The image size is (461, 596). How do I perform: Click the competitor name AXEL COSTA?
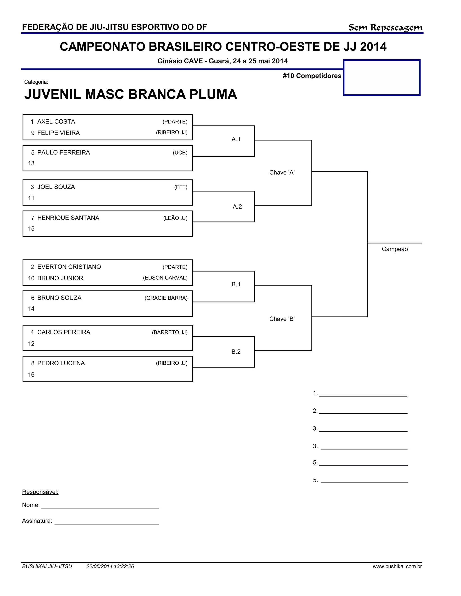coord(56,122)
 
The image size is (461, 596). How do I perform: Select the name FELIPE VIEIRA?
coord(59,133)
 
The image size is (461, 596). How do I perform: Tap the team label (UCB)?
coord(180,153)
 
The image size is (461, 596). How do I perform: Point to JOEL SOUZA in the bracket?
coord(56,187)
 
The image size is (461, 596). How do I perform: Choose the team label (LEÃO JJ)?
coord(175,218)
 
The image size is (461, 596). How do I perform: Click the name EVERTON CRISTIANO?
coord(69,267)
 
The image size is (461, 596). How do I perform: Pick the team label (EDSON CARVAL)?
coord(165,278)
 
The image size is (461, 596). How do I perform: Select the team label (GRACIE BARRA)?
coord(166,298)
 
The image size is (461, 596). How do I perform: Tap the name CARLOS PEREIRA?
coord(64,332)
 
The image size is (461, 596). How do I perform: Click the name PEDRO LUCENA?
coord(61,363)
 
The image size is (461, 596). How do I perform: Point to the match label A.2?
coord(237,207)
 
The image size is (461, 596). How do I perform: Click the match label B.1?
coord(236,284)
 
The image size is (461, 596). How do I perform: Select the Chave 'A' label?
coord(282,173)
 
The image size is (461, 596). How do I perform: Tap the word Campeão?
coord(395,249)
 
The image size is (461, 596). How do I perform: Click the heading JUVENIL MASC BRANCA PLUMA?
coord(131,94)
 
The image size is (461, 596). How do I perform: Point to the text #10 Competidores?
coord(312,76)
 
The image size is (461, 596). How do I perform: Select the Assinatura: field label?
coord(37,521)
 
